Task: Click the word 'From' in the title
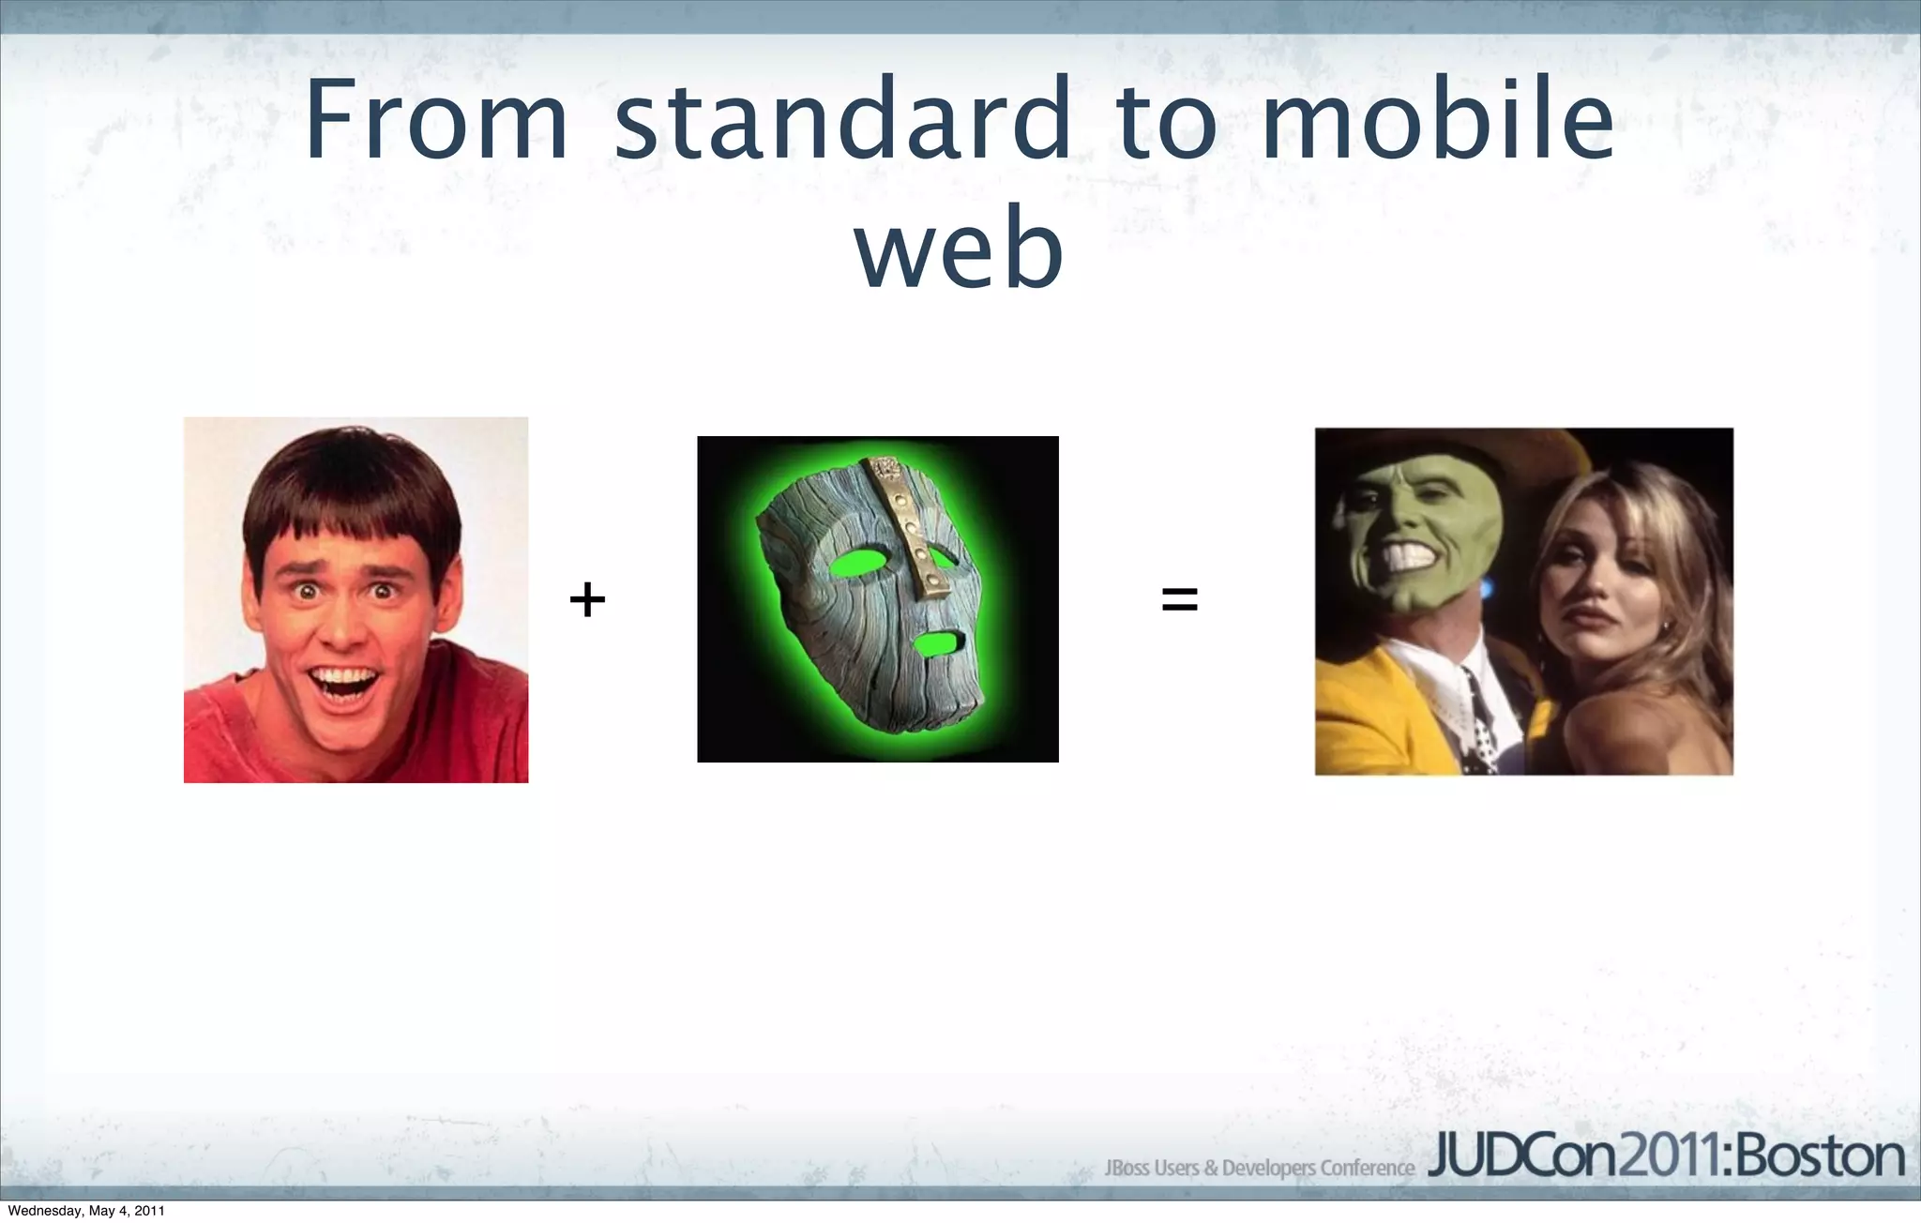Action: pyautogui.click(x=436, y=120)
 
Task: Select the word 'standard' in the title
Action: pyautogui.click(x=842, y=120)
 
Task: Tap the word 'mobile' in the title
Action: pyautogui.click(x=1437, y=120)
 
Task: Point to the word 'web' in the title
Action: pyautogui.click(x=959, y=249)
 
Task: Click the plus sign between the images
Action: pyautogui.click(x=587, y=599)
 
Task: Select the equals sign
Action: pyautogui.click(x=1179, y=599)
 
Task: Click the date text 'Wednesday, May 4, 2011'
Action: pyautogui.click(x=86, y=1211)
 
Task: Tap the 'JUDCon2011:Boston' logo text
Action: pyautogui.click(x=1666, y=1158)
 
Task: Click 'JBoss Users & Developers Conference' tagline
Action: pyautogui.click(x=1259, y=1169)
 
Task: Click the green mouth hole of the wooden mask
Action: pyautogui.click(x=936, y=644)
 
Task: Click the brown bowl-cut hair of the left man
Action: pyautogui.click(x=352, y=488)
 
